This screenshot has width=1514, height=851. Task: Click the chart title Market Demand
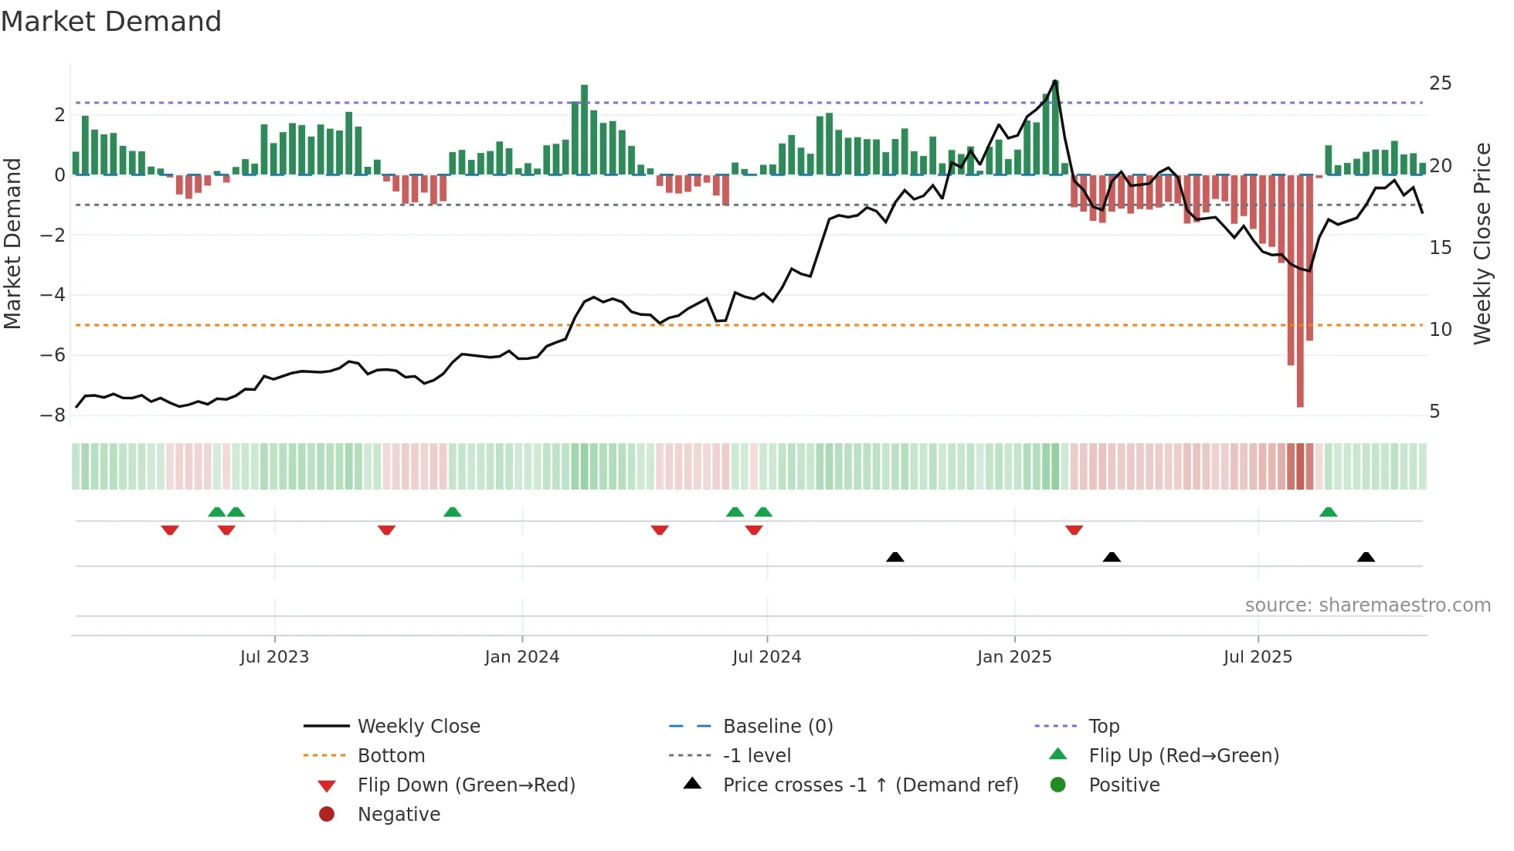click(111, 22)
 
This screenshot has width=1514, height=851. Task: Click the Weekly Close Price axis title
click(1482, 243)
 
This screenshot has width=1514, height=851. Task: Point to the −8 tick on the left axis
click(53, 415)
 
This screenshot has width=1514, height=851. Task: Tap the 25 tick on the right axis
click(1440, 83)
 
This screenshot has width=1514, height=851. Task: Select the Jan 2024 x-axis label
click(521, 657)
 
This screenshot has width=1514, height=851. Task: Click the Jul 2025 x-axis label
click(1257, 657)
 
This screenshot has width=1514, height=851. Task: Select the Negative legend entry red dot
click(327, 815)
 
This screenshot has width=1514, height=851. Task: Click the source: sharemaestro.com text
click(1367, 605)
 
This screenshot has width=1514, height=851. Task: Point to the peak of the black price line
click(1055, 81)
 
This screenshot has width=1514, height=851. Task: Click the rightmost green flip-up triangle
click(1328, 512)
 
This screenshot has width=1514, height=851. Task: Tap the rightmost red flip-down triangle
click(1074, 530)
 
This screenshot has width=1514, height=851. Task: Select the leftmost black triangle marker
click(894, 557)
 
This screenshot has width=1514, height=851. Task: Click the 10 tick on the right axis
click(1440, 330)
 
